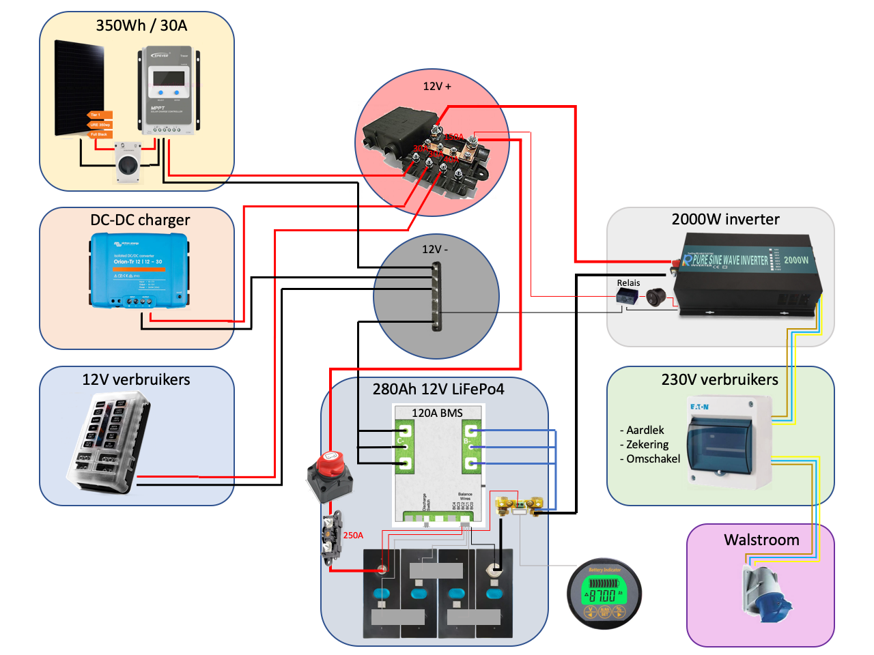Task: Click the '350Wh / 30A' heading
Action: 141,26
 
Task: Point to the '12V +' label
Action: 437,87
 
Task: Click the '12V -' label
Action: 435,250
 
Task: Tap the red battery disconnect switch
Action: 330,474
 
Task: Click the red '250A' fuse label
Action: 353,536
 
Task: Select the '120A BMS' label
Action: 437,413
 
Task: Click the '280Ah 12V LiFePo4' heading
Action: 438,390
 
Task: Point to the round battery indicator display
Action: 604,594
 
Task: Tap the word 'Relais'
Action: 628,283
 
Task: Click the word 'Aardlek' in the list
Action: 645,431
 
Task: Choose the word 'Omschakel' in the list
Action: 653,459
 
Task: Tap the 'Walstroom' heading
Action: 761,540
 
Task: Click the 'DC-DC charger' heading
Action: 140,220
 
